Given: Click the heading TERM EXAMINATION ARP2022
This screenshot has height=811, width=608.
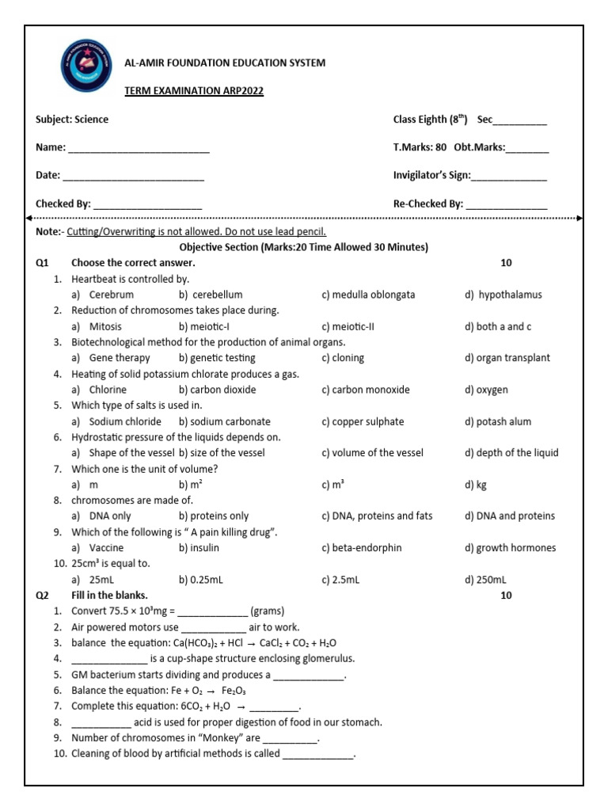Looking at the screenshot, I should pos(194,91).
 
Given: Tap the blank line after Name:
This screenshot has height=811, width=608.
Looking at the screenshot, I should pos(139,148).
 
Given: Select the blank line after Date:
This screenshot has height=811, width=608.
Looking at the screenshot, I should pos(133,176).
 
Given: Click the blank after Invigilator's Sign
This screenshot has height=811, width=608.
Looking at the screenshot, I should pos(509,176).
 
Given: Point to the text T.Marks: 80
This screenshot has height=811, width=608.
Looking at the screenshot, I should pos(420,147).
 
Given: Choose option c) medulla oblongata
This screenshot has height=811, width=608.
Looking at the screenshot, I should pos(368,295).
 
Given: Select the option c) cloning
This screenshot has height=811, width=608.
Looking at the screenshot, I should pos(343,358).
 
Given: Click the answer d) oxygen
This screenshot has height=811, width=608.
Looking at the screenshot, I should pos(487,390).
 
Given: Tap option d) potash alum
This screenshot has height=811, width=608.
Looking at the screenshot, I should pos(498,421).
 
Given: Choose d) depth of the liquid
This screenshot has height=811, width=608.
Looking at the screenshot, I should pos(511,453).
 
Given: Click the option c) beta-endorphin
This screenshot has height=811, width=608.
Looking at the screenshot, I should pos(362,548).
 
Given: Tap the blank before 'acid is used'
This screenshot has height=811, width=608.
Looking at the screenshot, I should pos(101,722).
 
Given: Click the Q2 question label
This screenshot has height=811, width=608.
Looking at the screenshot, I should pos(43,596).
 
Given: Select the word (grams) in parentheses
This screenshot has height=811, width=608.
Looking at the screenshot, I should pos(268,611).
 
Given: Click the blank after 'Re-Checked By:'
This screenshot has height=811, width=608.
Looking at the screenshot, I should pos(507,204).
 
